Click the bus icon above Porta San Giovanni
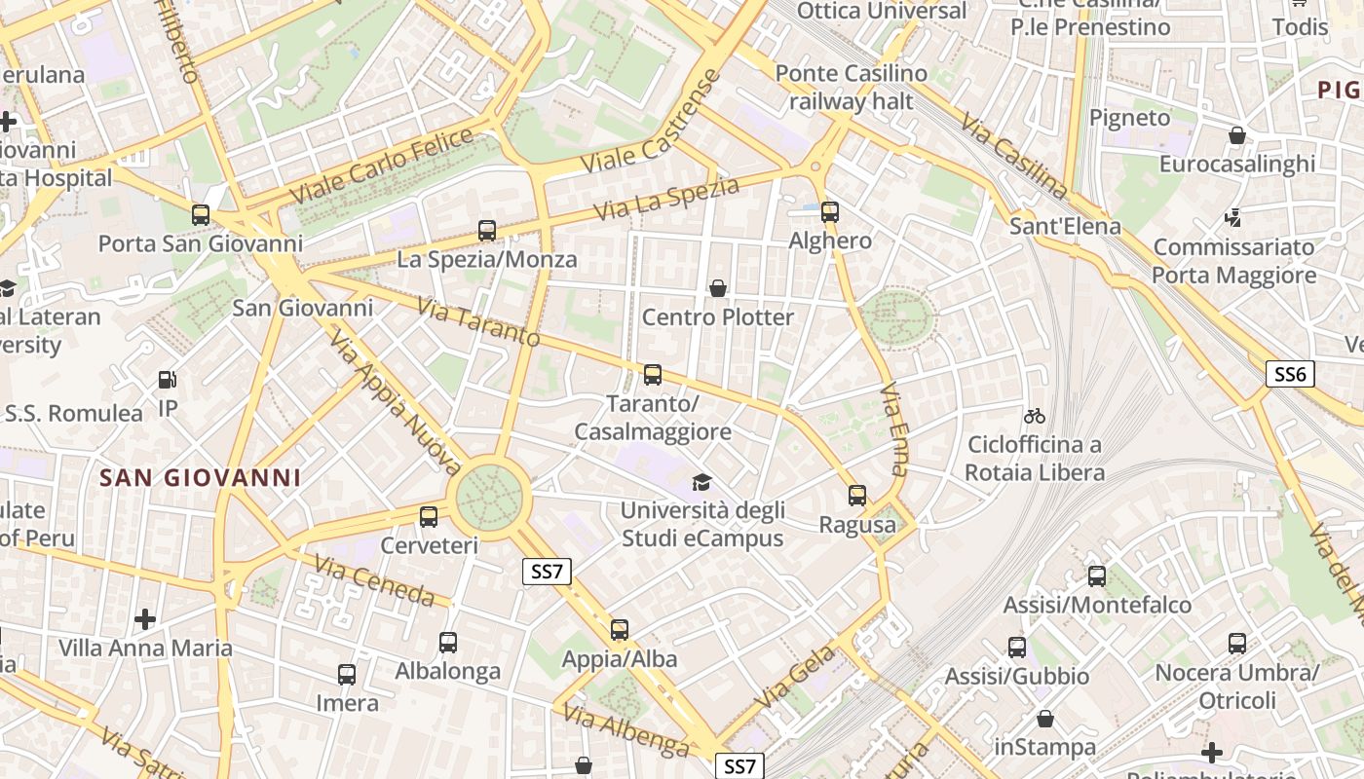click(201, 215)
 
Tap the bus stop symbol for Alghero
click(830, 211)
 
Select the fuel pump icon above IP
click(168, 380)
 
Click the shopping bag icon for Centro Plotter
click(718, 288)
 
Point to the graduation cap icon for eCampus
click(701, 482)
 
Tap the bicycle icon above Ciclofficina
click(1035, 417)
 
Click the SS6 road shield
click(1291, 374)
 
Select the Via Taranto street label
click(477, 322)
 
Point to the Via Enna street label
click(893, 428)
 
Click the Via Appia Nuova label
click(396, 398)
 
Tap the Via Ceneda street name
click(374, 580)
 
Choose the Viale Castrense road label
click(651, 124)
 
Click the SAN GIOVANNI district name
click(201, 478)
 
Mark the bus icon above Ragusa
click(857, 496)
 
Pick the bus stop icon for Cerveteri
click(429, 517)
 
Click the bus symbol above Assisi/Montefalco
click(1097, 576)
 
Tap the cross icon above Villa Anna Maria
click(145, 619)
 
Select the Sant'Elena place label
click(1065, 227)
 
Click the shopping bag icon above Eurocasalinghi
click(1237, 135)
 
